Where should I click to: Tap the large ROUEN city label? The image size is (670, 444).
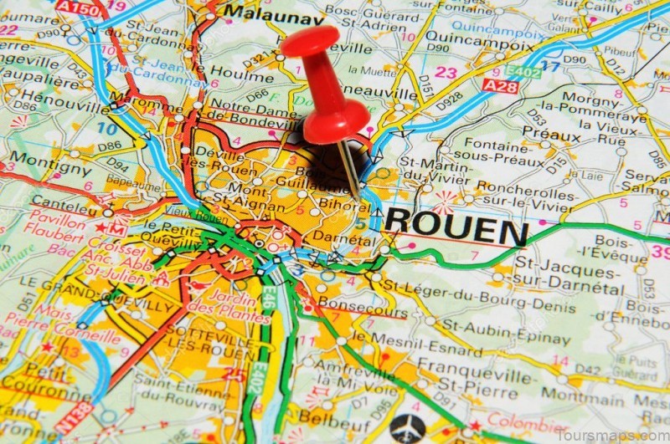click(456, 225)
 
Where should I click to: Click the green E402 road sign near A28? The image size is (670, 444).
click(524, 72)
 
